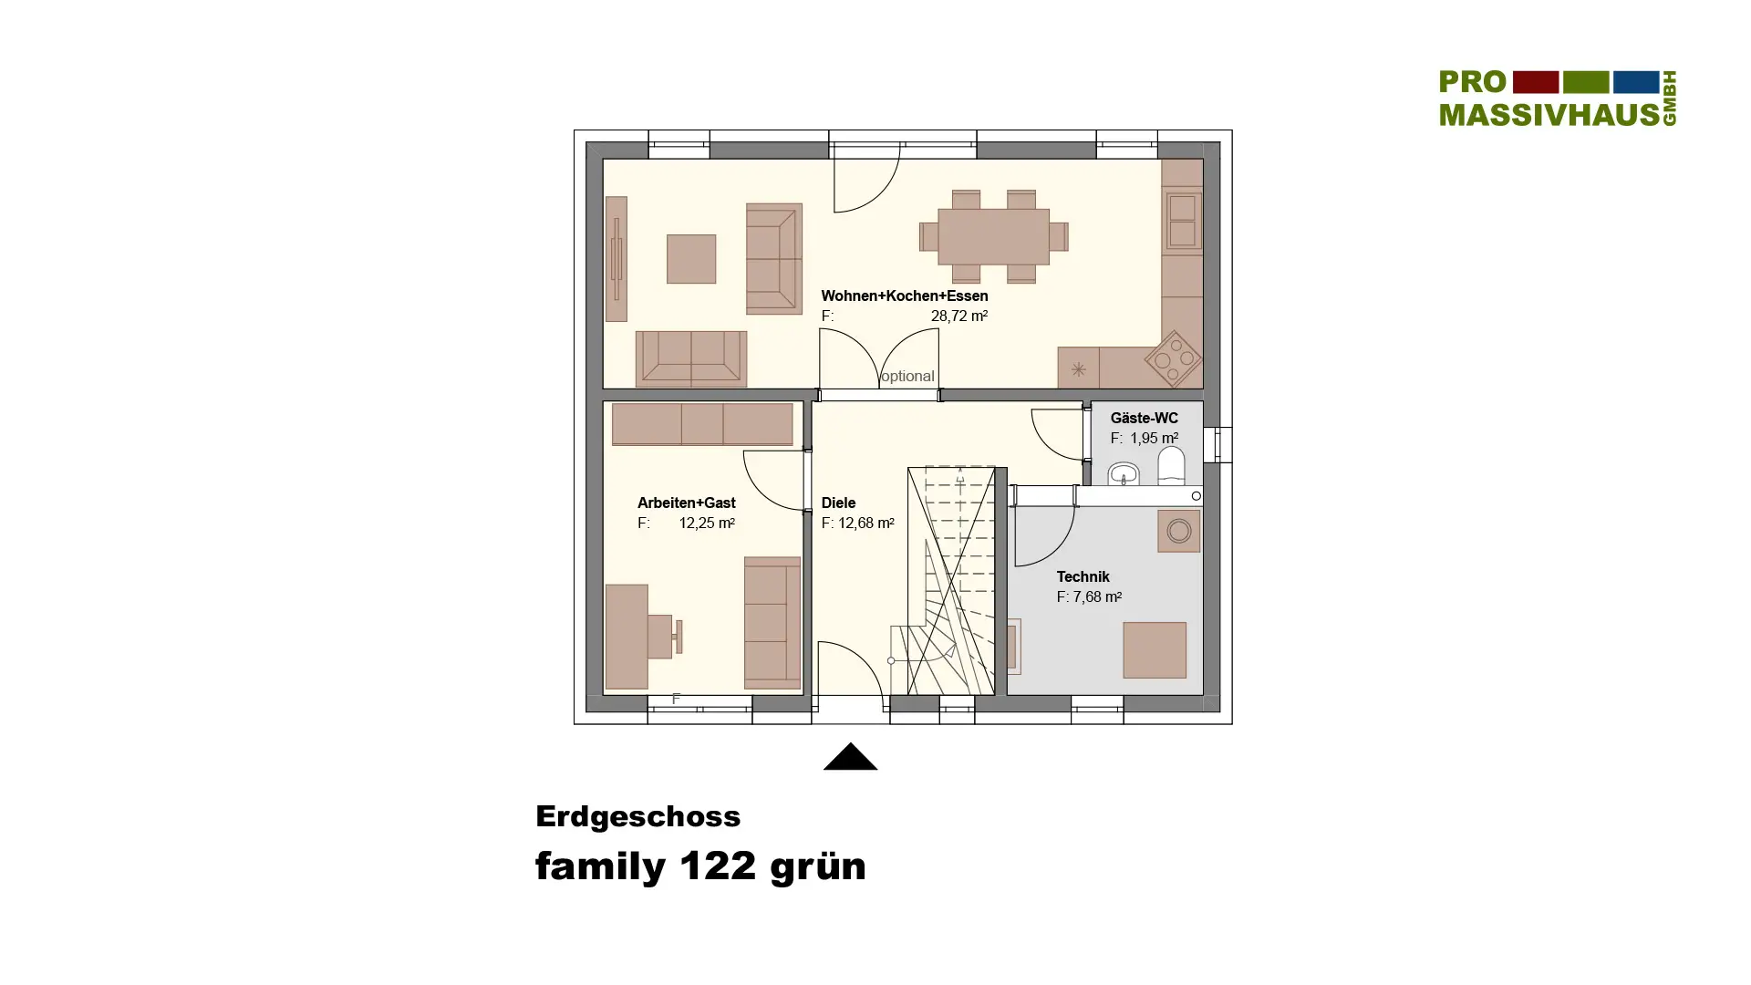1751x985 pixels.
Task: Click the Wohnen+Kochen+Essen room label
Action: [x=904, y=295]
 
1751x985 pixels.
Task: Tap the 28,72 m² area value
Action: [x=958, y=316]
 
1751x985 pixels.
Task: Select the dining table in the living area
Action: [x=993, y=236]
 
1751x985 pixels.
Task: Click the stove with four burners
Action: [x=1174, y=358]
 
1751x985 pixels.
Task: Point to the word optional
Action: [x=907, y=376]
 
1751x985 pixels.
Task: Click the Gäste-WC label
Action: [x=1144, y=418]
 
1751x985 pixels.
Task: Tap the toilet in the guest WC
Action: [x=1171, y=465]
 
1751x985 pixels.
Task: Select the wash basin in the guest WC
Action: [x=1124, y=474]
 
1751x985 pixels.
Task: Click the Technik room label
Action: [x=1083, y=576]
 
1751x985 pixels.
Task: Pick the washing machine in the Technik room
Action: [x=1178, y=531]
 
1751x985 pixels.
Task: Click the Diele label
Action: [x=838, y=503]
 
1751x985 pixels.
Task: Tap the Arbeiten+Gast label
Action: [x=686, y=503]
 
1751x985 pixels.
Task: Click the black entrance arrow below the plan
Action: [x=850, y=756]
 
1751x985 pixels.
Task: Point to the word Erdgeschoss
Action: [x=637, y=816]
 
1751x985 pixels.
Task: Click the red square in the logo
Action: [x=1536, y=82]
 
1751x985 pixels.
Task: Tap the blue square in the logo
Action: [x=1636, y=82]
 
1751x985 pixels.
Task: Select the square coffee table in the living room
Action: [x=691, y=259]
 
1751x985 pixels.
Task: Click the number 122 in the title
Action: [x=718, y=866]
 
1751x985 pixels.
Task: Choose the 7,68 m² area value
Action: [x=1097, y=596]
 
